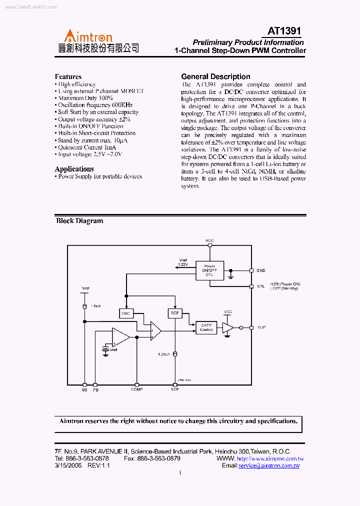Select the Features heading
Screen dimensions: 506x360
68,76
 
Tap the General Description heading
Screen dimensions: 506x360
215,76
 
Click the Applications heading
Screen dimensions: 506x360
74,169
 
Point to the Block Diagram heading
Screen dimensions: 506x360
79,220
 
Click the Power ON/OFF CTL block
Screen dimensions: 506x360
209,270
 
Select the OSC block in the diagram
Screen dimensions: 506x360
126,313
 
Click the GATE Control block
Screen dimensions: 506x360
206,327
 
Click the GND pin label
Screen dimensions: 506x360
260,270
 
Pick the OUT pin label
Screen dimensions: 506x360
261,327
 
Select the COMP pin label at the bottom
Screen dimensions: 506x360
136,389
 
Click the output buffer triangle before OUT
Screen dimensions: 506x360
227,327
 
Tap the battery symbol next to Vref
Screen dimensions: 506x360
105,349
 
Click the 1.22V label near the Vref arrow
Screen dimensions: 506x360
183,264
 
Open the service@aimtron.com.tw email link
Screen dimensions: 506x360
268,465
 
